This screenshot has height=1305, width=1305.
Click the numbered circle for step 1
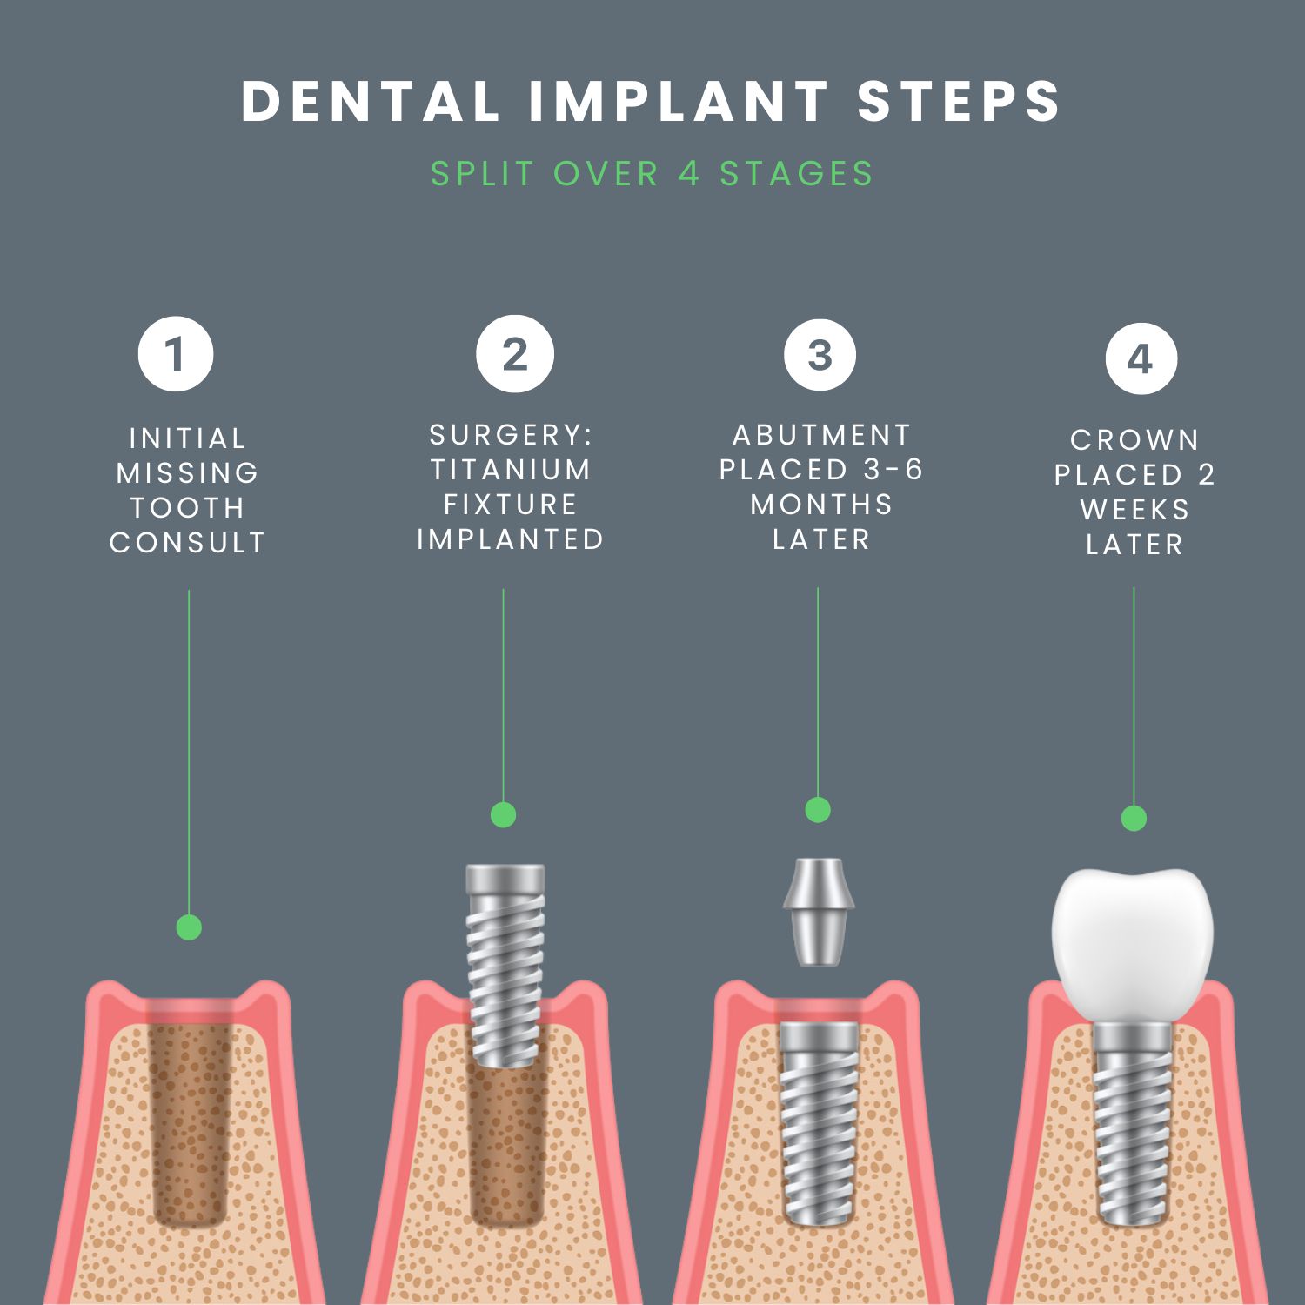point(176,354)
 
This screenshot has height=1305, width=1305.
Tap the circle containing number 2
point(515,354)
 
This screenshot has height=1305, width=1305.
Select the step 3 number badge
point(820,355)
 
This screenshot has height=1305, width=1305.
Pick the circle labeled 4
point(1141,358)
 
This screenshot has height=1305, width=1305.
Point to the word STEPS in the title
point(959,101)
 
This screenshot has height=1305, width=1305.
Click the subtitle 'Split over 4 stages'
point(652,173)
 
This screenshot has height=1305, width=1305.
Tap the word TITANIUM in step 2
point(511,470)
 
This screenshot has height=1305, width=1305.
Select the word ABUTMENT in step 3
point(821,434)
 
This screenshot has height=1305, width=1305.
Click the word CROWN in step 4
point(1134,440)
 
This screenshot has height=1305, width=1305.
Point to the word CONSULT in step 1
point(187,543)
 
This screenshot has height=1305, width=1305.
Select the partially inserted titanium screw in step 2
point(505,966)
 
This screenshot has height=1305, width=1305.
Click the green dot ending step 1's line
point(189,927)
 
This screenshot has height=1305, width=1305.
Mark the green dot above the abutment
point(818,810)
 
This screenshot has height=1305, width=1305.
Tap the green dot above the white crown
point(1134,818)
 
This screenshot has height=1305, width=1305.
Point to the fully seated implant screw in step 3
point(818,1122)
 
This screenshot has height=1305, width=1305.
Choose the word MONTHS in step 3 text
point(821,505)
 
